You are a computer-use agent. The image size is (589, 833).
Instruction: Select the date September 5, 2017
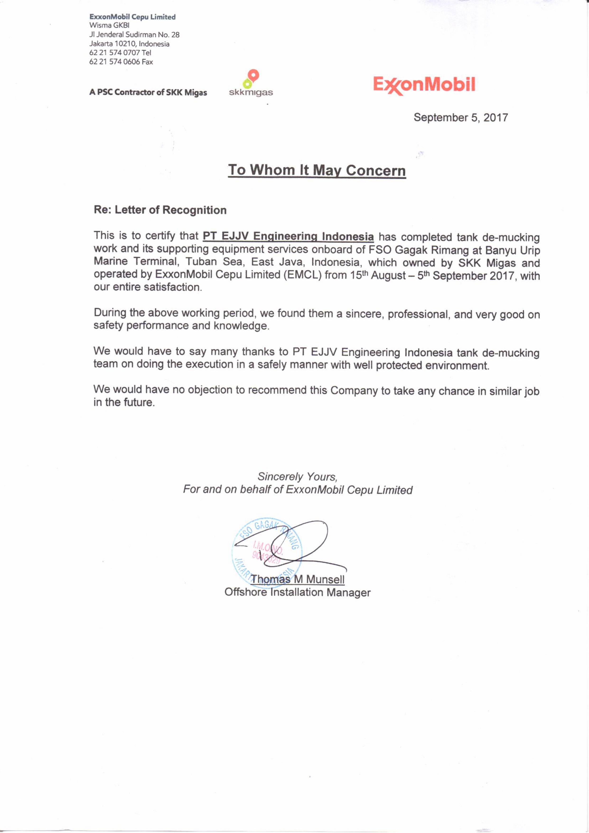point(461,118)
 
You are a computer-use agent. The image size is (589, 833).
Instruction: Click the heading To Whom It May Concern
point(317,170)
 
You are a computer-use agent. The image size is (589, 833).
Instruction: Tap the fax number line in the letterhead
point(121,62)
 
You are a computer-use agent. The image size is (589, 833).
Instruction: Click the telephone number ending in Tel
point(120,53)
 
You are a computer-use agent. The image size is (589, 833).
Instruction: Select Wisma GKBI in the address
point(109,25)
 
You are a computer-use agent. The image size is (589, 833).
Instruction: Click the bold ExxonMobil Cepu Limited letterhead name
point(132,17)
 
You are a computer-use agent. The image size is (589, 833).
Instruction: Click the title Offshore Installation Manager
point(297,592)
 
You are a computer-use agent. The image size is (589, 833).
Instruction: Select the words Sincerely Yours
point(297,476)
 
